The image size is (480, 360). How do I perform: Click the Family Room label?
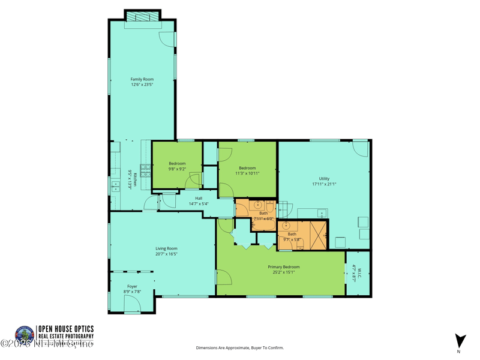click(x=142, y=79)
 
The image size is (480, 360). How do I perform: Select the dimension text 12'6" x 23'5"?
click(x=142, y=85)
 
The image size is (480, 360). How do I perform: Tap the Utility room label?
click(x=324, y=179)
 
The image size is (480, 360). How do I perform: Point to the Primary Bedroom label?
click(x=283, y=267)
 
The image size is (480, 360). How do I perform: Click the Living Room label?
click(x=166, y=248)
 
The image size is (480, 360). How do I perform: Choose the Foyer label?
click(x=132, y=287)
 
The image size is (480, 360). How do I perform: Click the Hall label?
click(x=199, y=198)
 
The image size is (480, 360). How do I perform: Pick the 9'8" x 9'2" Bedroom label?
click(x=177, y=164)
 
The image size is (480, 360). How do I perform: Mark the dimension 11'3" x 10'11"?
click(x=247, y=173)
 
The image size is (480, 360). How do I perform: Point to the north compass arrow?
click(x=460, y=340)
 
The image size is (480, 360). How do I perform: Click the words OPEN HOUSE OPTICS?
click(x=66, y=329)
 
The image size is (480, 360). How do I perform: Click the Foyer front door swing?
click(x=133, y=304)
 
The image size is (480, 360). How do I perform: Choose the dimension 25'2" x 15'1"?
click(x=283, y=272)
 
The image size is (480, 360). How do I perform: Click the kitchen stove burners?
click(x=145, y=170)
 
